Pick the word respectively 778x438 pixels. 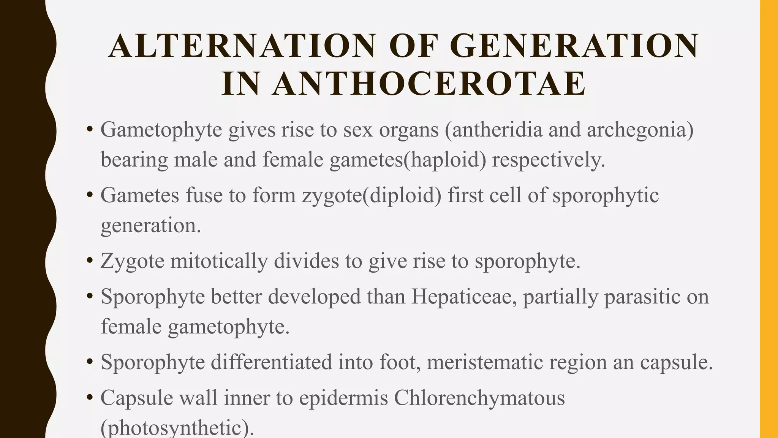click(x=548, y=159)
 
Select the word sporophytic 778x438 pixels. click(x=605, y=196)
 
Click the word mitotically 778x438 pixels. click(x=219, y=261)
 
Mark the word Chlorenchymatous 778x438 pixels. click(x=479, y=398)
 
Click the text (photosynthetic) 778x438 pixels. click(x=177, y=429)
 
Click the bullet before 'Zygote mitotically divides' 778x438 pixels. click(x=90, y=261)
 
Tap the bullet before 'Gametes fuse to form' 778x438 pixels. click(x=90, y=195)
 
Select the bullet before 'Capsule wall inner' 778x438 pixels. click(x=90, y=398)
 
